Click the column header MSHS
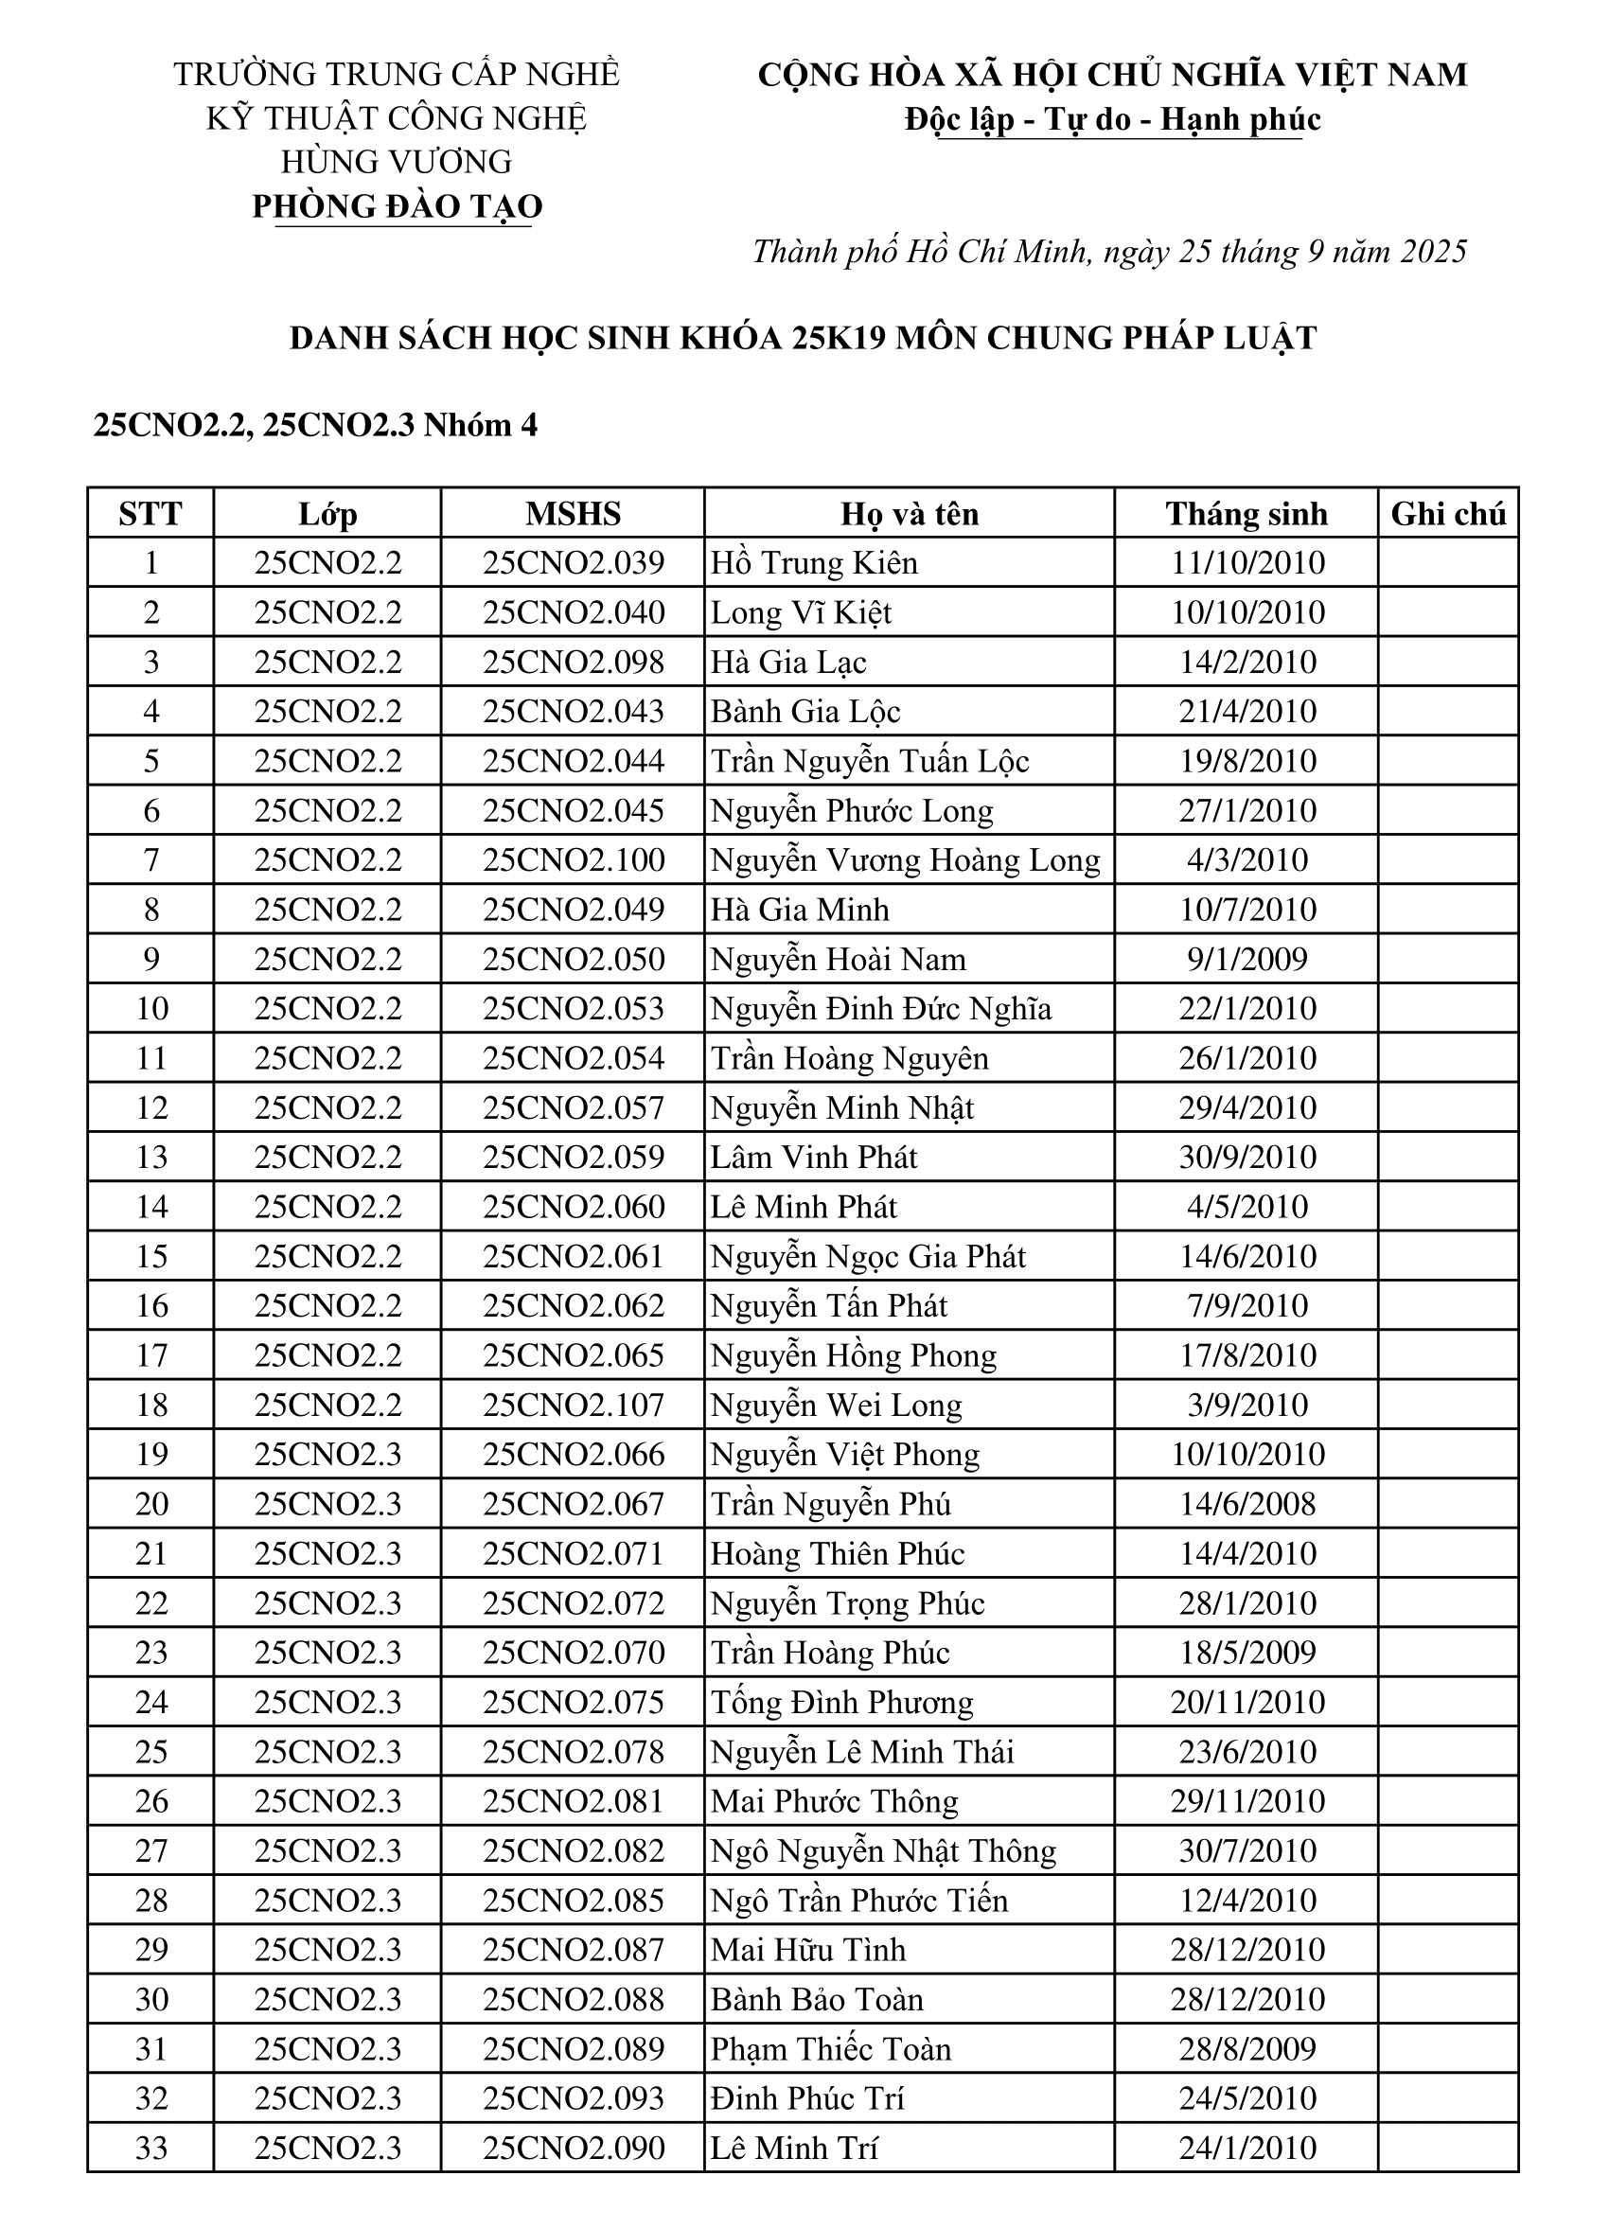573,513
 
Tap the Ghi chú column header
1448,513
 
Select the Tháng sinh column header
1247,513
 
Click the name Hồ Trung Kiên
814,563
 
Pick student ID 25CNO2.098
573,663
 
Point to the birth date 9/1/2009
1247,959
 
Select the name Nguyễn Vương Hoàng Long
905,860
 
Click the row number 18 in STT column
151,1406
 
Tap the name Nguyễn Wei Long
837,1406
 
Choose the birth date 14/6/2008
1247,1505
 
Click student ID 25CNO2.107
573,1406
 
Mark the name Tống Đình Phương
841,1702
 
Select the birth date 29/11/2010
1247,1801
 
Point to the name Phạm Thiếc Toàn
831,2049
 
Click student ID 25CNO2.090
573,2149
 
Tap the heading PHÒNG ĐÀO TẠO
398,206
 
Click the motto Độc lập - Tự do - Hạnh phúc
1113,120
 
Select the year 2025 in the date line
1433,252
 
